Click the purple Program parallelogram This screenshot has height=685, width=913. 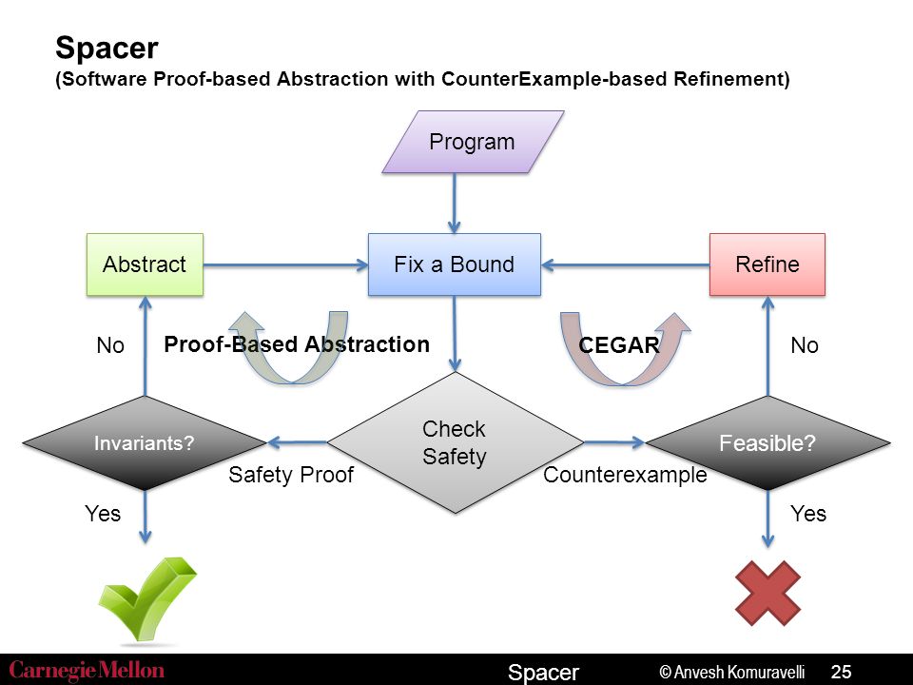(473, 142)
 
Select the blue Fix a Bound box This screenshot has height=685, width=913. (455, 264)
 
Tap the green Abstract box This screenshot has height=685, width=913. (145, 264)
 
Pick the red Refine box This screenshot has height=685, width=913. (767, 264)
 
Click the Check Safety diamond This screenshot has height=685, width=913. (456, 442)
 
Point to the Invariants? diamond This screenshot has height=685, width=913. (145, 442)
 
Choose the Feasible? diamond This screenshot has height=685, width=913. (768, 442)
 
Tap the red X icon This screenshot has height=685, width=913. (768, 594)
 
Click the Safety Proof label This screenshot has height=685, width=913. (291, 476)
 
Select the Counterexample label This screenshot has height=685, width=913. (626, 476)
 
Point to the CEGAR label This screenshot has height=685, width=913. (619, 345)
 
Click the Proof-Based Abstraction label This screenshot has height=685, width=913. (297, 344)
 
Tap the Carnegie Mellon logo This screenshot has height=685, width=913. (87, 671)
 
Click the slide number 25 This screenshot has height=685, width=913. (842, 672)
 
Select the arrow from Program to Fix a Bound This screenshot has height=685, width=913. (455, 204)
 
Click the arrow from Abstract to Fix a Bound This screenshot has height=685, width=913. (285, 265)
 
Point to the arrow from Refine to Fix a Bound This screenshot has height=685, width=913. (626, 265)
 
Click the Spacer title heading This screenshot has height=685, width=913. (107, 48)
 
